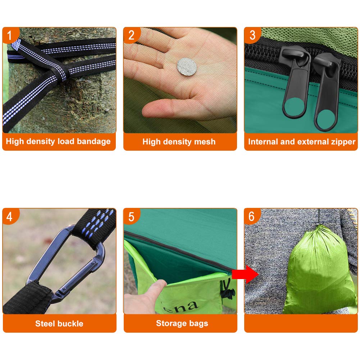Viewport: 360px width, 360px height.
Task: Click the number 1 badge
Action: click(x=10, y=35)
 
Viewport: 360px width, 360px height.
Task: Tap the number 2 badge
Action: click(x=131, y=35)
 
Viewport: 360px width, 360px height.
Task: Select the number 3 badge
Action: click(x=252, y=35)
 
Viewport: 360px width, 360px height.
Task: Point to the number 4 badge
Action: click(x=10, y=217)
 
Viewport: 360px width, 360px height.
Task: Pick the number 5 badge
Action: click(x=131, y=217)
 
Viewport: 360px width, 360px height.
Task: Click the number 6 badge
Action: click(x=252, y=217)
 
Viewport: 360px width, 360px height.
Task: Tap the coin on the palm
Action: click(x=187, y=67)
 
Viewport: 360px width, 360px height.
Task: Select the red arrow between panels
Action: click(x=245, y=274)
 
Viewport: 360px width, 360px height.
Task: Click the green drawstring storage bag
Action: click(x=319, y=271)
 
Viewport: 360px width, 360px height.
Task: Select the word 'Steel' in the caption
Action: click(x=44, y=323)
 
